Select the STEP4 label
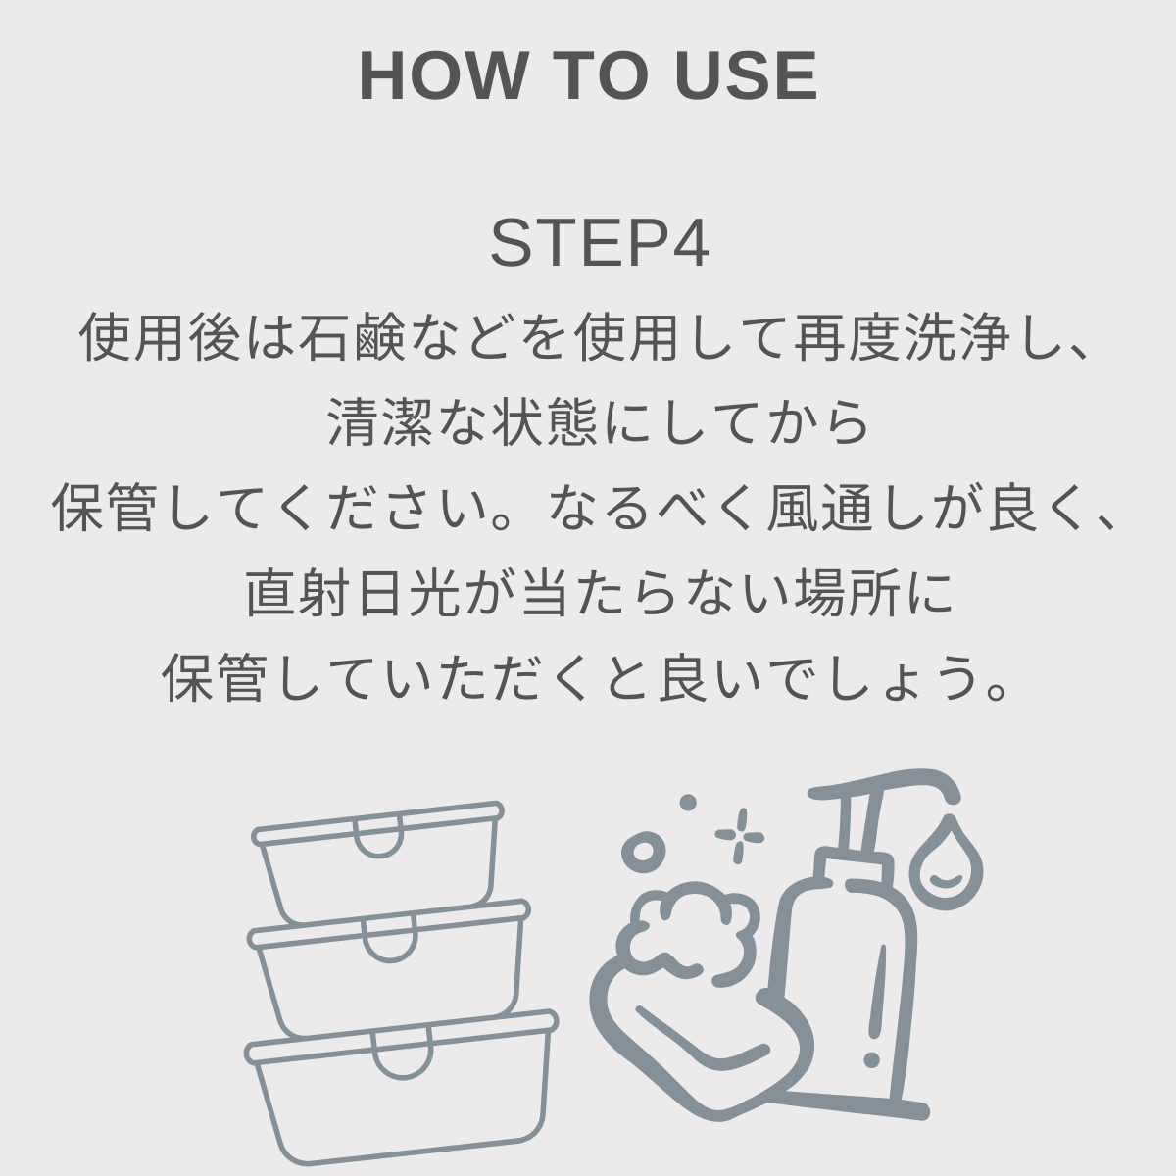[599, 244]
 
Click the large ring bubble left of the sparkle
[643, 850]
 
